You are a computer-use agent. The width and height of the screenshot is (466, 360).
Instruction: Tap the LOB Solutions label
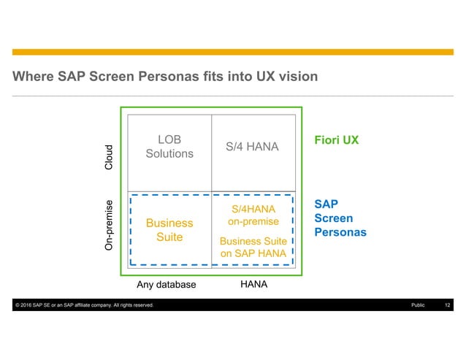[169, 146]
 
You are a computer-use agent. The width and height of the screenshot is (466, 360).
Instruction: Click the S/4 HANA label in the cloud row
[252, 147]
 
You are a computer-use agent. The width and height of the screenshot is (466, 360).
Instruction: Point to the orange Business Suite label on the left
[169, 230]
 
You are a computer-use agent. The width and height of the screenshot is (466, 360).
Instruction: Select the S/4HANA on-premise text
[253, 215]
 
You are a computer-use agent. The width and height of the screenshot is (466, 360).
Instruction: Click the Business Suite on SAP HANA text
[253, 247]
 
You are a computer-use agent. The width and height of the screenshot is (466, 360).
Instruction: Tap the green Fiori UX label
[336, 139]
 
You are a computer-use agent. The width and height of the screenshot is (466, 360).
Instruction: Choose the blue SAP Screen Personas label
[340, 218]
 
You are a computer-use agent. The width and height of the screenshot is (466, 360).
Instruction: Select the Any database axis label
[167, 285]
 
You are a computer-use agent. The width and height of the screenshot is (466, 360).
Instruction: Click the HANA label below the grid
[253, 285]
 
